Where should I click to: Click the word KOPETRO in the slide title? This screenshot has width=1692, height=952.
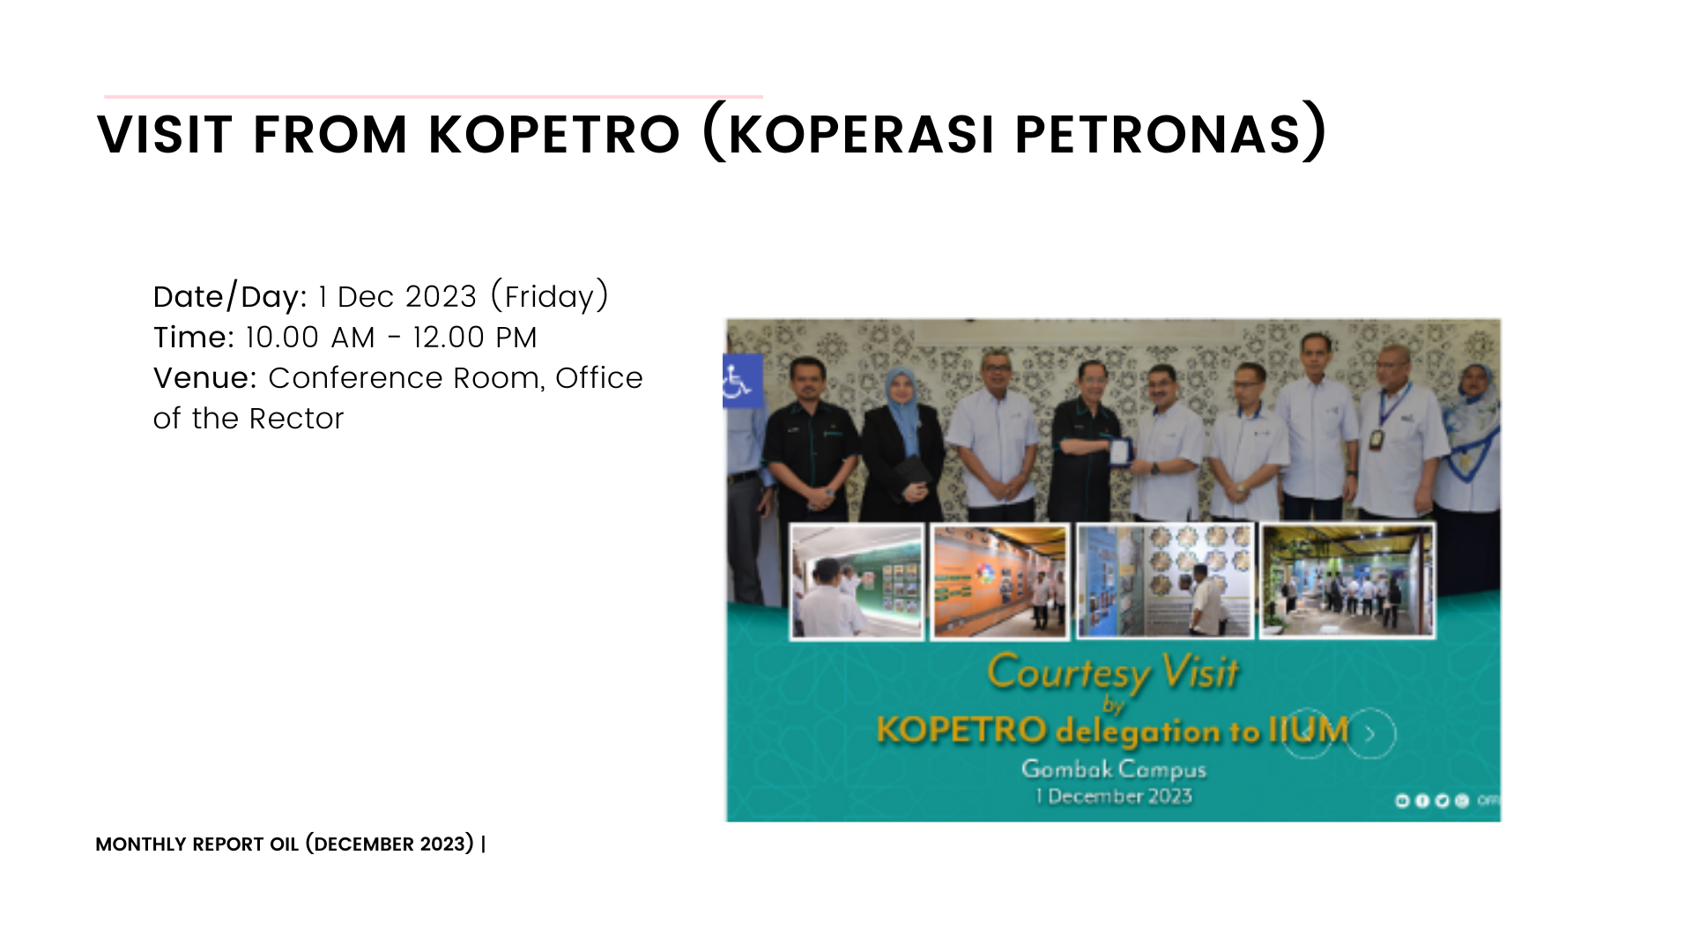pyautogui.click(x=554, y=135)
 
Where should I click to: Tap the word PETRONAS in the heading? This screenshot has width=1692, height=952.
pyautogui.click(x=1158, y=135)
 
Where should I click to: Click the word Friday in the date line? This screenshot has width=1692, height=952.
pyautogui.click(x=549, y=297)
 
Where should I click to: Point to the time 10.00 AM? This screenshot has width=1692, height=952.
pyautogui.click(x=310, y=338)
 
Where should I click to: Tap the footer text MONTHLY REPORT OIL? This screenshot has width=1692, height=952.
pyautogui.click(x=197, y=844)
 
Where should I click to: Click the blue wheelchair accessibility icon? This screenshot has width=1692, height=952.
pyautogui.click(x=741, y=381)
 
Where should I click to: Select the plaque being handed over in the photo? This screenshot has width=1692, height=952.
pyautogui.click(x=1119, y=451)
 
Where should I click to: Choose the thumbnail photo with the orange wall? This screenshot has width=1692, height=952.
pyautogui.click(x=1000, y=581)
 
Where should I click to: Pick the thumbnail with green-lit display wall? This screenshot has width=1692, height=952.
pyautogui.click(x=857, y=581)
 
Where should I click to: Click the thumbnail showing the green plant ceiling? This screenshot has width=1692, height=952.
pyautogui.click(x=1347, y=581)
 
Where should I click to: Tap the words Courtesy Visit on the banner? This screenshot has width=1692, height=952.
pyautogui.click(x=1113, y=673)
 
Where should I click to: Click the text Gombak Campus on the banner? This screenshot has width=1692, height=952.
pyautogui.click(x=1114, y=770)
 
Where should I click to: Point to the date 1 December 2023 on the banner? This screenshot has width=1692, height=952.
pyautogui.click(x=1114, y=797)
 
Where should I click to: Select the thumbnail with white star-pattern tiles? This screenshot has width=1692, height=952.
pyautogui.click(x=1165, y=581)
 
